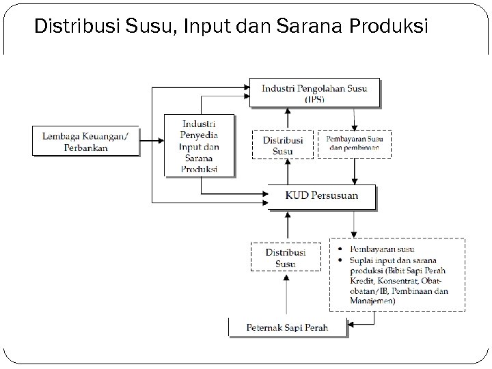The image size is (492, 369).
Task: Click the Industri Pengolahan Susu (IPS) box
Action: tap(314, 93)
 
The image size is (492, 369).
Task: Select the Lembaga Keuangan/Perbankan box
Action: tap(85, 141)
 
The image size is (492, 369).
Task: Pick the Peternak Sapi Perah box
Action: tap(287, 327)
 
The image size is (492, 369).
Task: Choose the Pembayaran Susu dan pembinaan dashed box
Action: tap(355, 143)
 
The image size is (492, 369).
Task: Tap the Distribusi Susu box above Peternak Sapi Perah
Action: tap(285, 258)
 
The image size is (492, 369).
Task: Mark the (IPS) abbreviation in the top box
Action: tap(314, 99)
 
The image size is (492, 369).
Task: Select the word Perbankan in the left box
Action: tap(85, 147)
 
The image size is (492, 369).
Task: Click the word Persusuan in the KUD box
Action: tap(333, 197)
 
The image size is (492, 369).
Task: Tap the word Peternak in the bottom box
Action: tap(262, 327)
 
